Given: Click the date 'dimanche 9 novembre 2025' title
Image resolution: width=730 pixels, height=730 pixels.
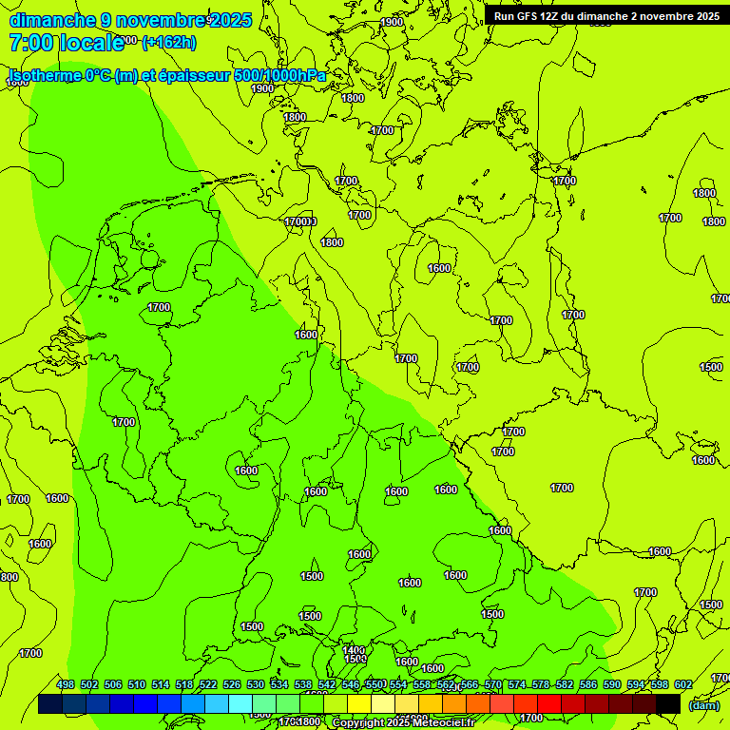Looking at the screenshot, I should pos(130,20).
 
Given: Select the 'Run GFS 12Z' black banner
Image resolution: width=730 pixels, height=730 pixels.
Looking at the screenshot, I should pos(606,16).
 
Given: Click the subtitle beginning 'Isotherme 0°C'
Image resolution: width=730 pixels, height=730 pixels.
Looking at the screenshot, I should pos(167,75).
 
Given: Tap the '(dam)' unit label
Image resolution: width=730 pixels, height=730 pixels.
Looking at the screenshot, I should pos(703,704).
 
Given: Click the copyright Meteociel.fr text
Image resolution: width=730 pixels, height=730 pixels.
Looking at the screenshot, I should pos(403,723).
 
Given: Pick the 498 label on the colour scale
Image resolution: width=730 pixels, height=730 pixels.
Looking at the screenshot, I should pos(66,684).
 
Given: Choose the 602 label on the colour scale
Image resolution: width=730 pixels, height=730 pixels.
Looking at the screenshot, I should pos(683,684).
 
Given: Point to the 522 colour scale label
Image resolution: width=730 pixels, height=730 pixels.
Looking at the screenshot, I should pos(208,684).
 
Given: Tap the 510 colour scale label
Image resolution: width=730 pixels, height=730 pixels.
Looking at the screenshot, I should pos(137,684).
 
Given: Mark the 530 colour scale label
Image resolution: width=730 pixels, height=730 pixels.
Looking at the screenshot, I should pos(256,684).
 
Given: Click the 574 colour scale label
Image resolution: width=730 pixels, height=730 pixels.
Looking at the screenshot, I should pos(517,684).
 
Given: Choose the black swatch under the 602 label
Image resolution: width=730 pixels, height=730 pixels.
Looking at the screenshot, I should pos(668,703).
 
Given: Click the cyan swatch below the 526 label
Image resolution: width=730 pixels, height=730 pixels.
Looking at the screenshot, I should pos(240,703).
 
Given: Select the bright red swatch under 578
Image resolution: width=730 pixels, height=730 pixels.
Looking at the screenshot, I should pos(549,703).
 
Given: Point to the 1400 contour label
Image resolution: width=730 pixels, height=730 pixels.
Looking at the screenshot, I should pos(354,650).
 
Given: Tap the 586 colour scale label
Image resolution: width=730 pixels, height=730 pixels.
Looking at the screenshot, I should pos(588,684).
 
